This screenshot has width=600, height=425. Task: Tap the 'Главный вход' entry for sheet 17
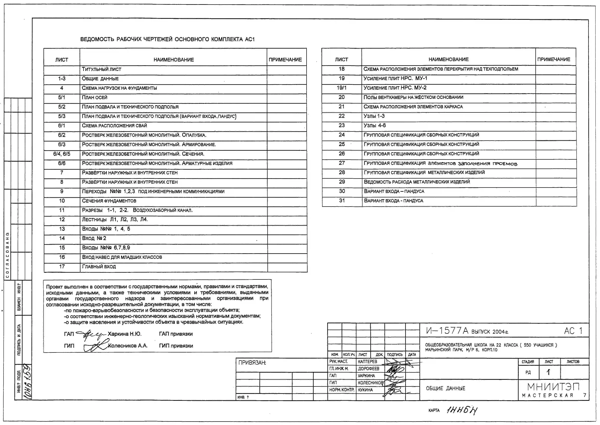click(99, 266)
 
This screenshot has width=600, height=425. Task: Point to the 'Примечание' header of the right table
click(554, 59)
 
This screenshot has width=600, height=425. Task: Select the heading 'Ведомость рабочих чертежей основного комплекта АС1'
click(167, 39)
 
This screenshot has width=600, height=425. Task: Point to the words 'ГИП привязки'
click(176, 346)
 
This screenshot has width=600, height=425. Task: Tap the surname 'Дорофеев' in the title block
click(368, 368)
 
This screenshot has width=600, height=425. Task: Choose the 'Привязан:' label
click(252, 363)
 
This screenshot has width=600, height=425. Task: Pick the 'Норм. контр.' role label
click(342, 390)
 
